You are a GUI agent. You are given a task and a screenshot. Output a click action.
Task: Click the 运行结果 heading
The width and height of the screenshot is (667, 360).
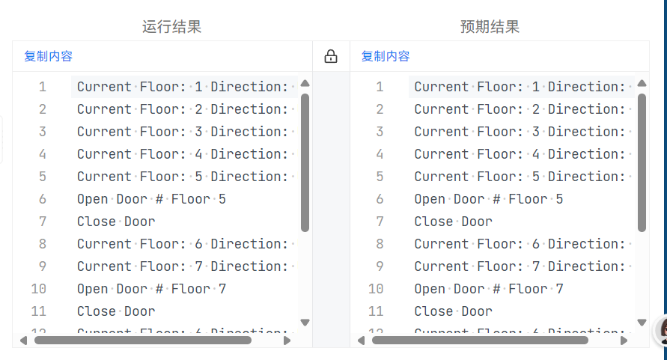pos(171,27)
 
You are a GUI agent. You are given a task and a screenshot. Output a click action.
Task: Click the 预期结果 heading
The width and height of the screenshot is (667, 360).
pos(490,27)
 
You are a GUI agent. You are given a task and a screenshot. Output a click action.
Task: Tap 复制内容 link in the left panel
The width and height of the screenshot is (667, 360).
pos(48,56)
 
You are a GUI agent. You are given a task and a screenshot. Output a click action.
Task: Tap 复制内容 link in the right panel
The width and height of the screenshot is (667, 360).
pos(386,56)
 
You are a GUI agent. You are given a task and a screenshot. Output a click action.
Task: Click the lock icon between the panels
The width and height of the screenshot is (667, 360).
pos(331,56)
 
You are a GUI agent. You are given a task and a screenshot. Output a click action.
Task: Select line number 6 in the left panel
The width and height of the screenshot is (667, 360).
pos(43,199)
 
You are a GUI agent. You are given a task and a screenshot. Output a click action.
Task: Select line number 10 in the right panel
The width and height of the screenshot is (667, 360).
pos(376,289)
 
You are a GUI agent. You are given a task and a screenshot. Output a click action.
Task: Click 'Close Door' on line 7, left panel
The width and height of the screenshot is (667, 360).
pos(116,222)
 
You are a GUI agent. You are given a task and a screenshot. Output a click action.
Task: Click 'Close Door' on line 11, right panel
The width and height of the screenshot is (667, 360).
pos(453,311)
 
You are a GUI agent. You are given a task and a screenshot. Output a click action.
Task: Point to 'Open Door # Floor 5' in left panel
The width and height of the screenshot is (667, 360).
pos(151,199)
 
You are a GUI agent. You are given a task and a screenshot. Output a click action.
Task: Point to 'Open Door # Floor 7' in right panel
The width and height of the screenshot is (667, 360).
pos(488,289)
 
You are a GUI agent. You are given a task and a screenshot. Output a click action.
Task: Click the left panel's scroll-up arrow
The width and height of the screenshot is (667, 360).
pos(305,84)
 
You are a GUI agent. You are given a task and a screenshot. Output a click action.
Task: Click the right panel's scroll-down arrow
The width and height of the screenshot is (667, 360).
pos(642,323)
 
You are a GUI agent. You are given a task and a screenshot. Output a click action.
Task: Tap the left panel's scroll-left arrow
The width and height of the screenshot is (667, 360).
pos(23,341)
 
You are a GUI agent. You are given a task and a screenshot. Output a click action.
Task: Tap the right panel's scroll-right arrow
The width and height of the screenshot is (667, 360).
pos(624,341)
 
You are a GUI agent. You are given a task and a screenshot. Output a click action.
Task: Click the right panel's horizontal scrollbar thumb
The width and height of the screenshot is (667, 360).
pos(480,341)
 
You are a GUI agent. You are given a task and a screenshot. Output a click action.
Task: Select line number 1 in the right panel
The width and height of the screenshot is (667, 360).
pos(380,87)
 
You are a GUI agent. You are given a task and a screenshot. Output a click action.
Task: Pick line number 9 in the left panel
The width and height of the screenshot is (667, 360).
pos(43,266)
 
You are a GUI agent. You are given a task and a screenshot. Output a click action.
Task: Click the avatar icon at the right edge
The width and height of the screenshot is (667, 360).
pos(662,330)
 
